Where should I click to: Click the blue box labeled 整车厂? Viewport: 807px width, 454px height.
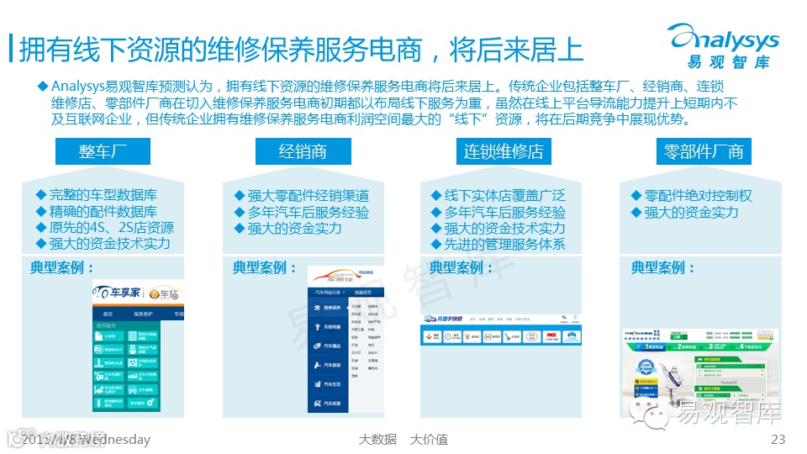[102, 151]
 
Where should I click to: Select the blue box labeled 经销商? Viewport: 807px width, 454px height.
[302, 151]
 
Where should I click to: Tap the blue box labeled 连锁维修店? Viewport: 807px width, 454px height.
[504, 151]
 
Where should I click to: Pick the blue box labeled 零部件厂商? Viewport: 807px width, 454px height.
[704, 151]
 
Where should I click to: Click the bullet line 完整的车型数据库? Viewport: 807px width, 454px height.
[103, 195]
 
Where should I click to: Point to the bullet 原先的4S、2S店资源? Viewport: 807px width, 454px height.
[111, 227]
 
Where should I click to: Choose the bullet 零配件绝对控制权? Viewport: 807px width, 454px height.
[698, 196]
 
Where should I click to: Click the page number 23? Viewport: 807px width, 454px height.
[777, 439]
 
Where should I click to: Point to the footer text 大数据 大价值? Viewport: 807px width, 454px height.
[403, 439]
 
